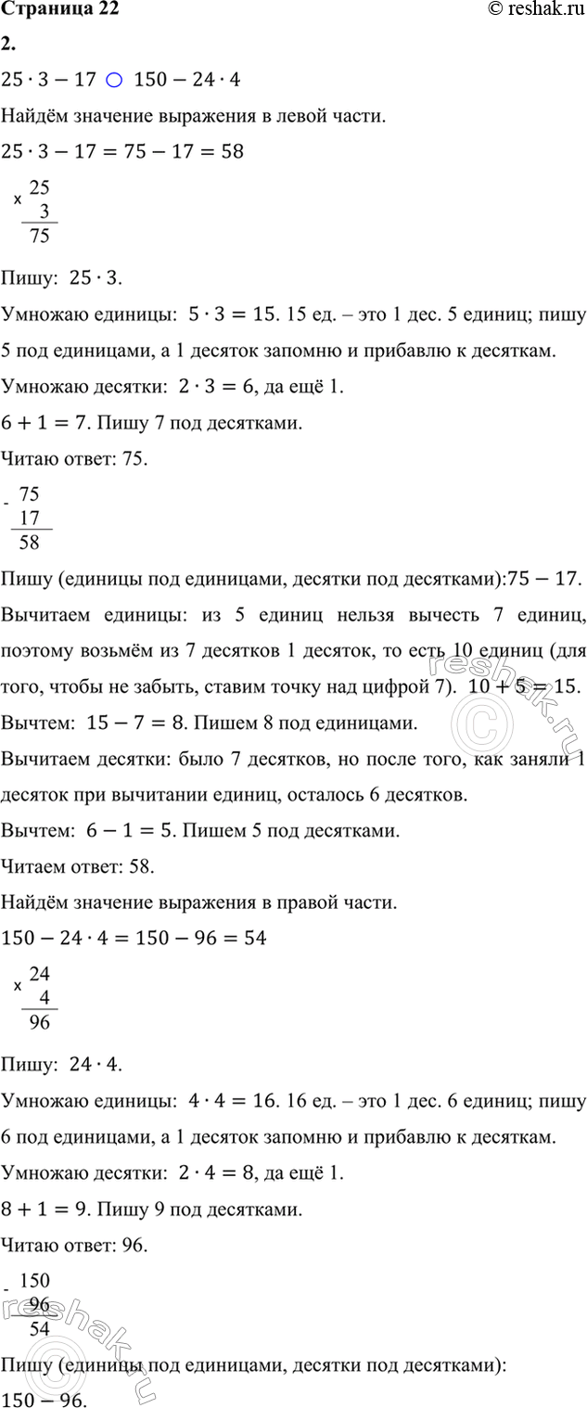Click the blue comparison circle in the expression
coord(113,81)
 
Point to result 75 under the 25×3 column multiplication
coord(40,236)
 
